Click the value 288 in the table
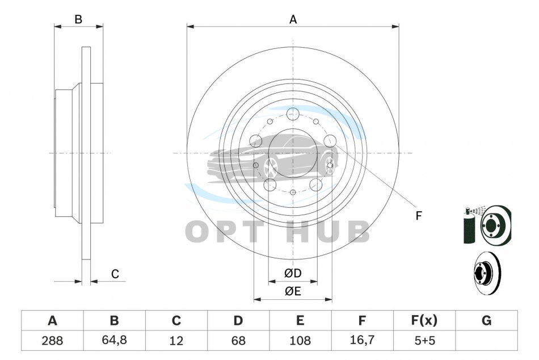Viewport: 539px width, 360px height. pos(52,341)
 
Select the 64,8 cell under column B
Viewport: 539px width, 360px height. pos(114,340)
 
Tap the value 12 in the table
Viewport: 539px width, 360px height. pos(176,341)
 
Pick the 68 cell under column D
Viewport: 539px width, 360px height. pos(238,341)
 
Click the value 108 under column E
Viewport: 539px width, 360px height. pos(300,341)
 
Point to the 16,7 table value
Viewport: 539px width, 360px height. pos(361,340)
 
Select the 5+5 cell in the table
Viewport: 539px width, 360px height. pos(424,341)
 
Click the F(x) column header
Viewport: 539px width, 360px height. pos(424,320)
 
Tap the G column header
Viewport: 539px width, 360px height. pos(486,320)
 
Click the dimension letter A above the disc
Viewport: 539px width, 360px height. pos(293,20)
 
